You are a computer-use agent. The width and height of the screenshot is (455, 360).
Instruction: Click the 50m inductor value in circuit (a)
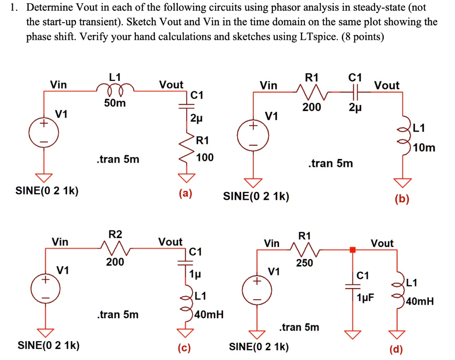(115, 103)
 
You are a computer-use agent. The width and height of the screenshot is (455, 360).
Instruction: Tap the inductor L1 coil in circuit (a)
(115, 88)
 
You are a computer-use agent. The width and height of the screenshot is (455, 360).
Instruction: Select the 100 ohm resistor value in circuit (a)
(205, 158)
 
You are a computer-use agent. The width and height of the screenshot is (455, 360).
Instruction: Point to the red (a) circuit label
(185, 194)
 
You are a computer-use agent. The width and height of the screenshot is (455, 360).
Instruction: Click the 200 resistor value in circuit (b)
(311, 107)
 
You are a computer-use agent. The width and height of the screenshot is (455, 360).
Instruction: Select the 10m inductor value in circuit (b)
(424, 148)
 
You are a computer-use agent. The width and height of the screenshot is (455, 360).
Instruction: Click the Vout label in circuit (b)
(387, 85)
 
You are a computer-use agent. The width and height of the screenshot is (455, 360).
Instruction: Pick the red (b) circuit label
(402, 199)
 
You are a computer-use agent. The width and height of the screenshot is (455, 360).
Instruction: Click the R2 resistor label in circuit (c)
(115, 234)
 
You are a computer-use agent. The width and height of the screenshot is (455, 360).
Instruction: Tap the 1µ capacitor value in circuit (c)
(195, 273)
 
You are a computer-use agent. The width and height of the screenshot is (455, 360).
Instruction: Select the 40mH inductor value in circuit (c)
(209, 314)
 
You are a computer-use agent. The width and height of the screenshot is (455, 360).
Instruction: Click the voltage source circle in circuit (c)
(46, 289)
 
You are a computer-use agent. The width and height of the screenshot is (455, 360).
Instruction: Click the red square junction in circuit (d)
(352, 249)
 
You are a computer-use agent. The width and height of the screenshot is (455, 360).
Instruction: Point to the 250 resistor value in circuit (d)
(304, 263)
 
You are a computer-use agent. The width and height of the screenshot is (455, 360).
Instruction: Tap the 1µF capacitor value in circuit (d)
(365, 297)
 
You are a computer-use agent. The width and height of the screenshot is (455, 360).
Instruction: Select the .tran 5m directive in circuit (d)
(299, 327)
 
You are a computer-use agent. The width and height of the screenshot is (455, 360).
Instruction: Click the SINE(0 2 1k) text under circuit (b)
(256, 197)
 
